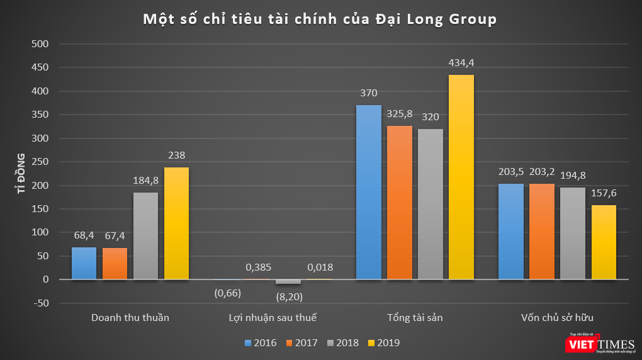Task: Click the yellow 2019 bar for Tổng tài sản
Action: [x=461, y=177]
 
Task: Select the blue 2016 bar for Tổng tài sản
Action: [x=368, y=192]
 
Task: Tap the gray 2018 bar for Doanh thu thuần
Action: [x=145, y=235]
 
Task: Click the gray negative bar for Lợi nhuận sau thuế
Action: [x=288, y=281]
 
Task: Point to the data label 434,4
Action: [x=461, y=63]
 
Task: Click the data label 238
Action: [x=176, y=155]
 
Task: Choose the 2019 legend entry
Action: [x=383, y=343]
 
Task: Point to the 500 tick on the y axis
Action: [x=40, y=44]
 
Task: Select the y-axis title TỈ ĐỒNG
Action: [x=21, y=172]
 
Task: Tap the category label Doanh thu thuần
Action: [x=130, y=318]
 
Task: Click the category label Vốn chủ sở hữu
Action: [x=557, y=318]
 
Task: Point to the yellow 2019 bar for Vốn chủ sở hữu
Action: [x=604, y=242]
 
